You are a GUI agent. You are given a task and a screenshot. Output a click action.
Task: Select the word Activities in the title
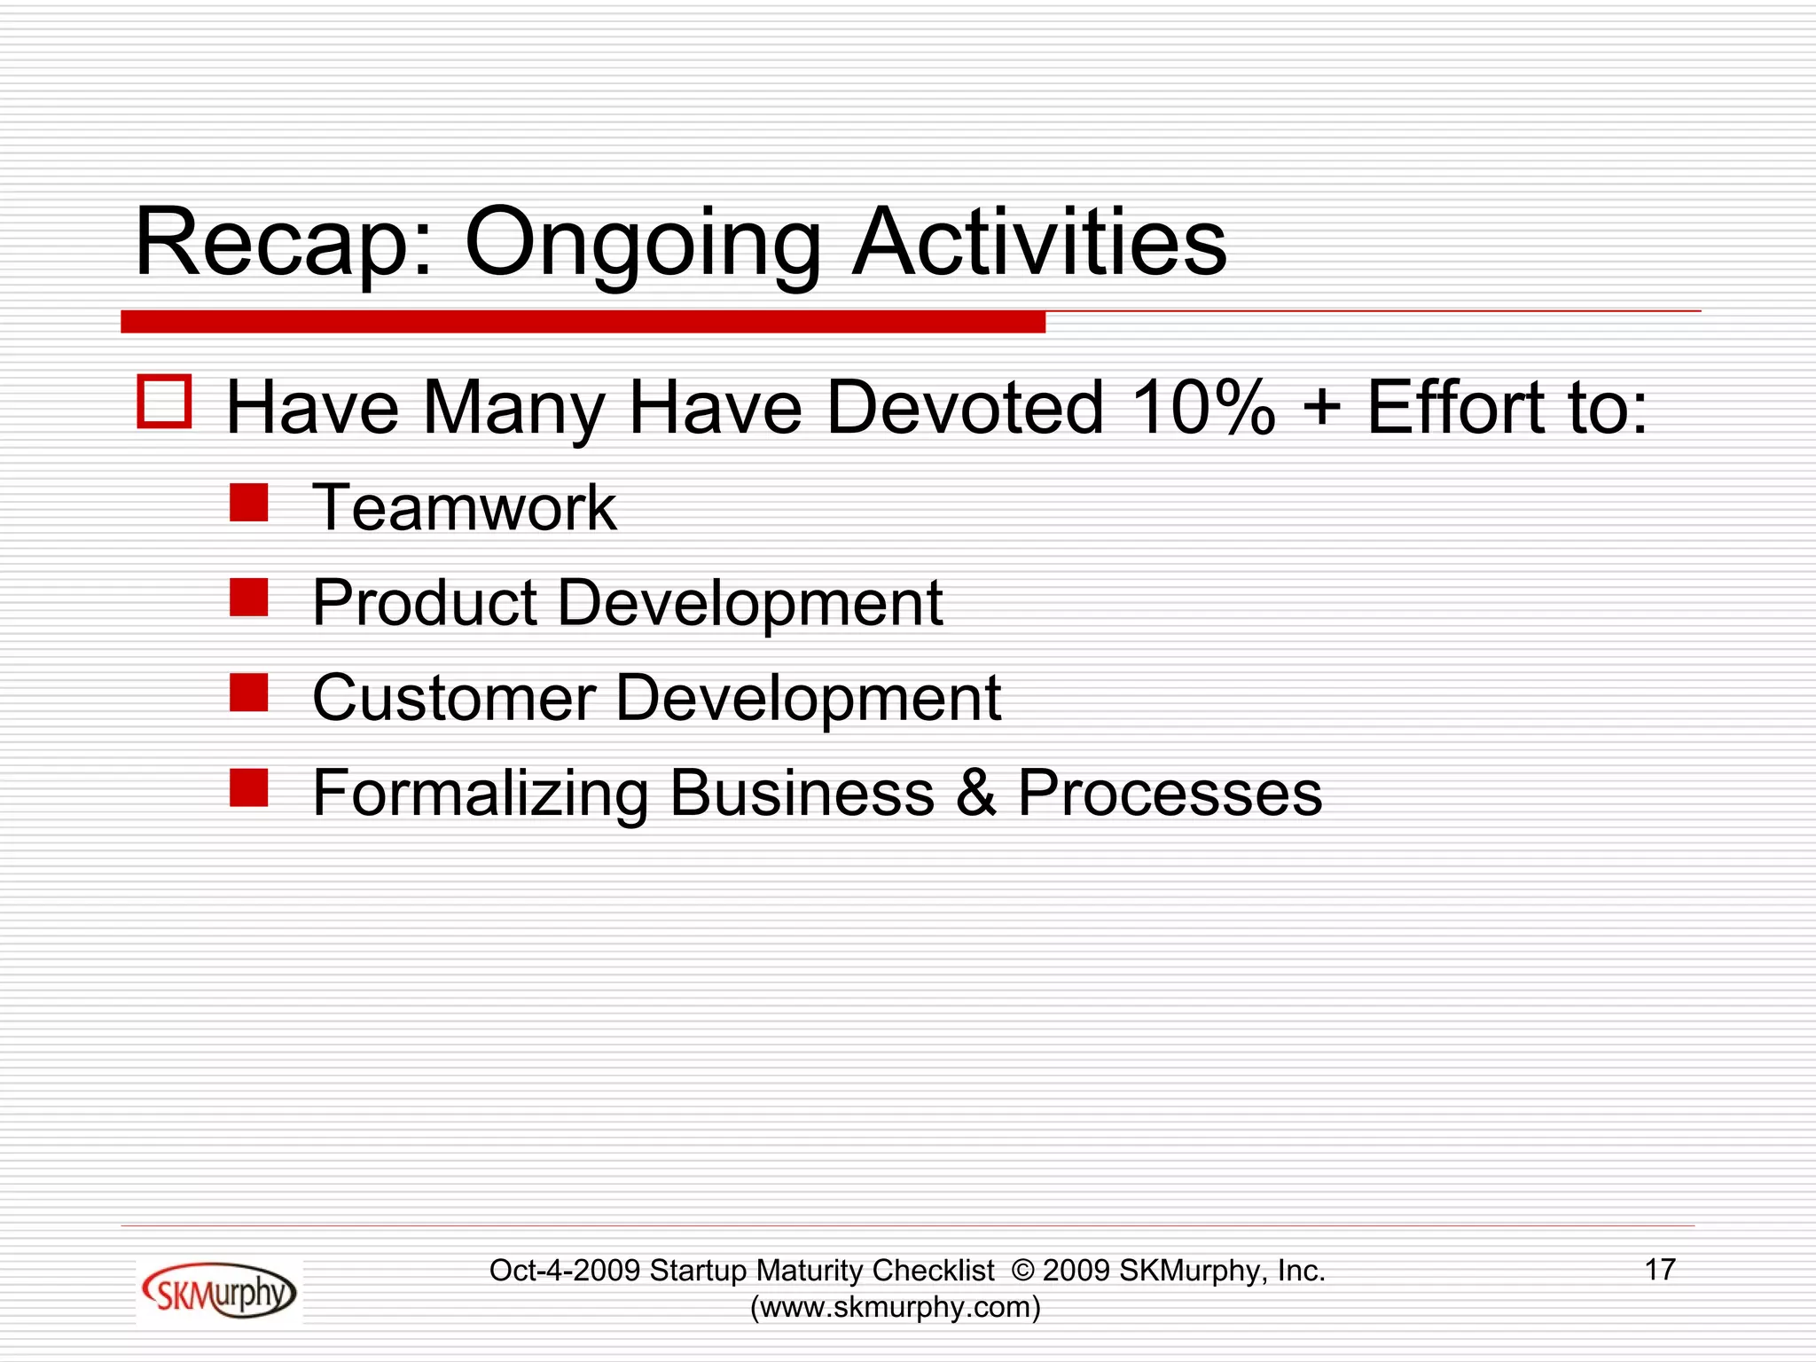click(1039, 242)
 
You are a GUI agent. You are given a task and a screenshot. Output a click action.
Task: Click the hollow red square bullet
click(164, 402)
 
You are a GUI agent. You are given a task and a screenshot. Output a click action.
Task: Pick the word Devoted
click(965, 408)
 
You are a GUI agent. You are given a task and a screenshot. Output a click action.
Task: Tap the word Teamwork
click(465, 508)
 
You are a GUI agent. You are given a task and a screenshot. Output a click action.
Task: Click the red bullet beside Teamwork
click(248, 502)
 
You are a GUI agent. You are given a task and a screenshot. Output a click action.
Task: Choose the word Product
click(425, 603)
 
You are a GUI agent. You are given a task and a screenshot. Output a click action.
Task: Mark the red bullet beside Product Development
click(248, 597)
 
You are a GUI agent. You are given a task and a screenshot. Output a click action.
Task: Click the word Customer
click(454, 698)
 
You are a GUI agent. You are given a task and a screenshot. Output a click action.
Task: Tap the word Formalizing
click(481, 794)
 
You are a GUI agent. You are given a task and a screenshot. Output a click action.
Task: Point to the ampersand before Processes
click(975, 793)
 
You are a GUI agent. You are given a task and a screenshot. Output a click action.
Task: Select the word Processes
click(1170, 793)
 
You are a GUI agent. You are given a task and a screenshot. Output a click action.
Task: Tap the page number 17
click(1660, 1270)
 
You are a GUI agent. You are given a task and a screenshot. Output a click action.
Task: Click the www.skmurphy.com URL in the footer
click(896, 1307)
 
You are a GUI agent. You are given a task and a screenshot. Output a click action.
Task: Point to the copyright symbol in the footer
click(1022, 1271)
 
